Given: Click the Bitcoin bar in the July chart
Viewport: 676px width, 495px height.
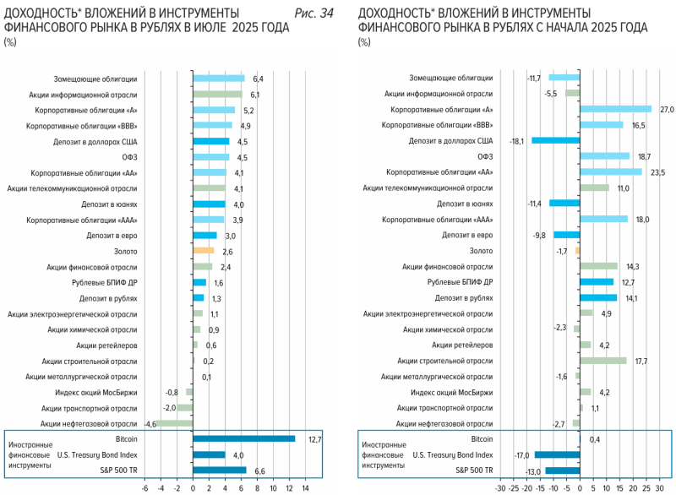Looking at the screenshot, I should (243, 438).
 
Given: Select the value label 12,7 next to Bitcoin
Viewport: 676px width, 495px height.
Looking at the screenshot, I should (314, 438).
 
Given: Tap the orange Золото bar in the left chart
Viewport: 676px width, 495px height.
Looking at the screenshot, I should (204, 251).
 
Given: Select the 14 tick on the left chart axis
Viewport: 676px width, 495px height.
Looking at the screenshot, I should (306, 487).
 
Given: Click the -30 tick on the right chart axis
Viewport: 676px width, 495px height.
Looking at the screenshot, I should (499, 487).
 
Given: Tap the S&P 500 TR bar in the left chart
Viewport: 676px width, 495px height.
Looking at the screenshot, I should (220, 470).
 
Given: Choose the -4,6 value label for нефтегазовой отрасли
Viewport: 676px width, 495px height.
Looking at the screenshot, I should (150, 423).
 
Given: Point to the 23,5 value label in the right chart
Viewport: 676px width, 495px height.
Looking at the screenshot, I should (657, 172).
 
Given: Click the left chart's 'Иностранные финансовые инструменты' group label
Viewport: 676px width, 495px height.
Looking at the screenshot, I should (30, 454).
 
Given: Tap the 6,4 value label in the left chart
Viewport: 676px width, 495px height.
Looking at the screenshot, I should (258, 79).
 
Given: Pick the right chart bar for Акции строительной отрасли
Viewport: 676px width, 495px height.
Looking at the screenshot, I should (603, 361).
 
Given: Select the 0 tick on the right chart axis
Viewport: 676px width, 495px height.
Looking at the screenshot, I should (580, 487).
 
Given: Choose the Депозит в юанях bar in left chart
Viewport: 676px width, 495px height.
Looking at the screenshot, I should (209, 204).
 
